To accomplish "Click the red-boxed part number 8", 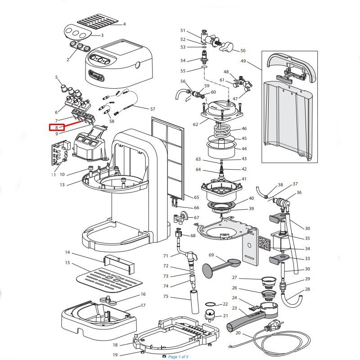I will (x=56, y=127).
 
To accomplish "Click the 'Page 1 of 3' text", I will (x=178, y=357).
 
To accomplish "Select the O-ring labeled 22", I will (x=210, y=305).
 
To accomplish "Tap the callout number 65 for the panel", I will (x=196, y=198).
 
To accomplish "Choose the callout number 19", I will (x=115, y=355).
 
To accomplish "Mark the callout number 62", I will (x=195, y=124).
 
